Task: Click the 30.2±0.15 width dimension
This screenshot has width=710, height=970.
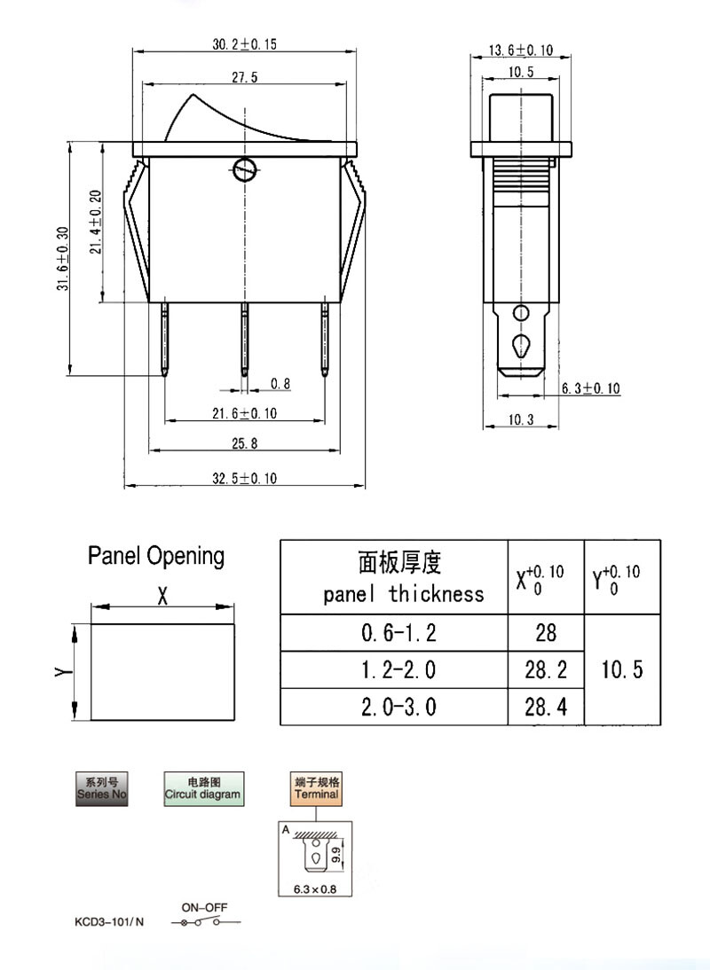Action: (x=245, y=44)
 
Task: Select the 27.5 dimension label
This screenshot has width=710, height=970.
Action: (x=245, y=77)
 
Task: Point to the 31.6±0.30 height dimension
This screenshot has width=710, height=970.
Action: (x=63, y=259)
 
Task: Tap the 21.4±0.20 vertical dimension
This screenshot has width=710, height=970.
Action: (x=95, y=222)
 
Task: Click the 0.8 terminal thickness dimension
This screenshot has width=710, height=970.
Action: (x=280, y=384)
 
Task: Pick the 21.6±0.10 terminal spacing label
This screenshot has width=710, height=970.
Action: (x=245, y=413)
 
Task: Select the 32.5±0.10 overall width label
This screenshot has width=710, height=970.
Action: (x=245, y=478)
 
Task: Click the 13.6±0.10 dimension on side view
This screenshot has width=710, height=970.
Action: (x=521, y=51)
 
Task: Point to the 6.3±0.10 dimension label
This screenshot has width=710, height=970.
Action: (x=590, y=388)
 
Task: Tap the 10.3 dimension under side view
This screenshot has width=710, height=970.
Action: (x=521, y=420)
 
